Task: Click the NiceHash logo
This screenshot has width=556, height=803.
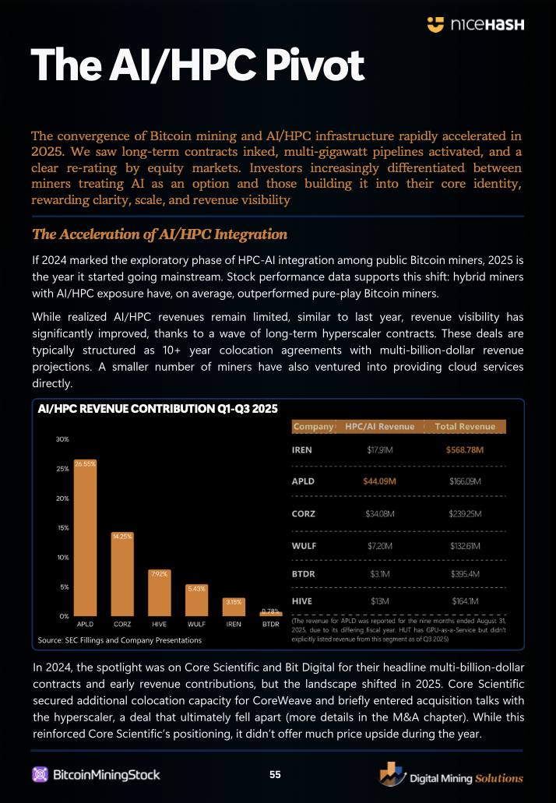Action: [x=476, y=25]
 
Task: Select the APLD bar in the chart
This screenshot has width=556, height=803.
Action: [x=86, y=541]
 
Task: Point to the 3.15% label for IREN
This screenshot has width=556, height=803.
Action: [x=234, y=601]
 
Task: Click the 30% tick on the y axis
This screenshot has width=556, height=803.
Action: [x=61, y=439]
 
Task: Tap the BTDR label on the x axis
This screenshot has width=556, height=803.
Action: [x=270, y=625]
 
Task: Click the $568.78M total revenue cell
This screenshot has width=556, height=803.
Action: [x=466, y=450]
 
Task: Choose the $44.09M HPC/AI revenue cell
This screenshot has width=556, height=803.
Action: [x=379, y=481]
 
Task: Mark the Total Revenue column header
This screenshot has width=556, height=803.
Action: [x=466, y=426]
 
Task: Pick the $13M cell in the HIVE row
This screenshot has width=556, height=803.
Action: [x=379, y=600]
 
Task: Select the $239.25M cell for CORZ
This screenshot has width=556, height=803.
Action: [x=466, y=514]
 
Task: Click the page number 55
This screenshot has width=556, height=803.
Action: [x=276, y=774]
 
